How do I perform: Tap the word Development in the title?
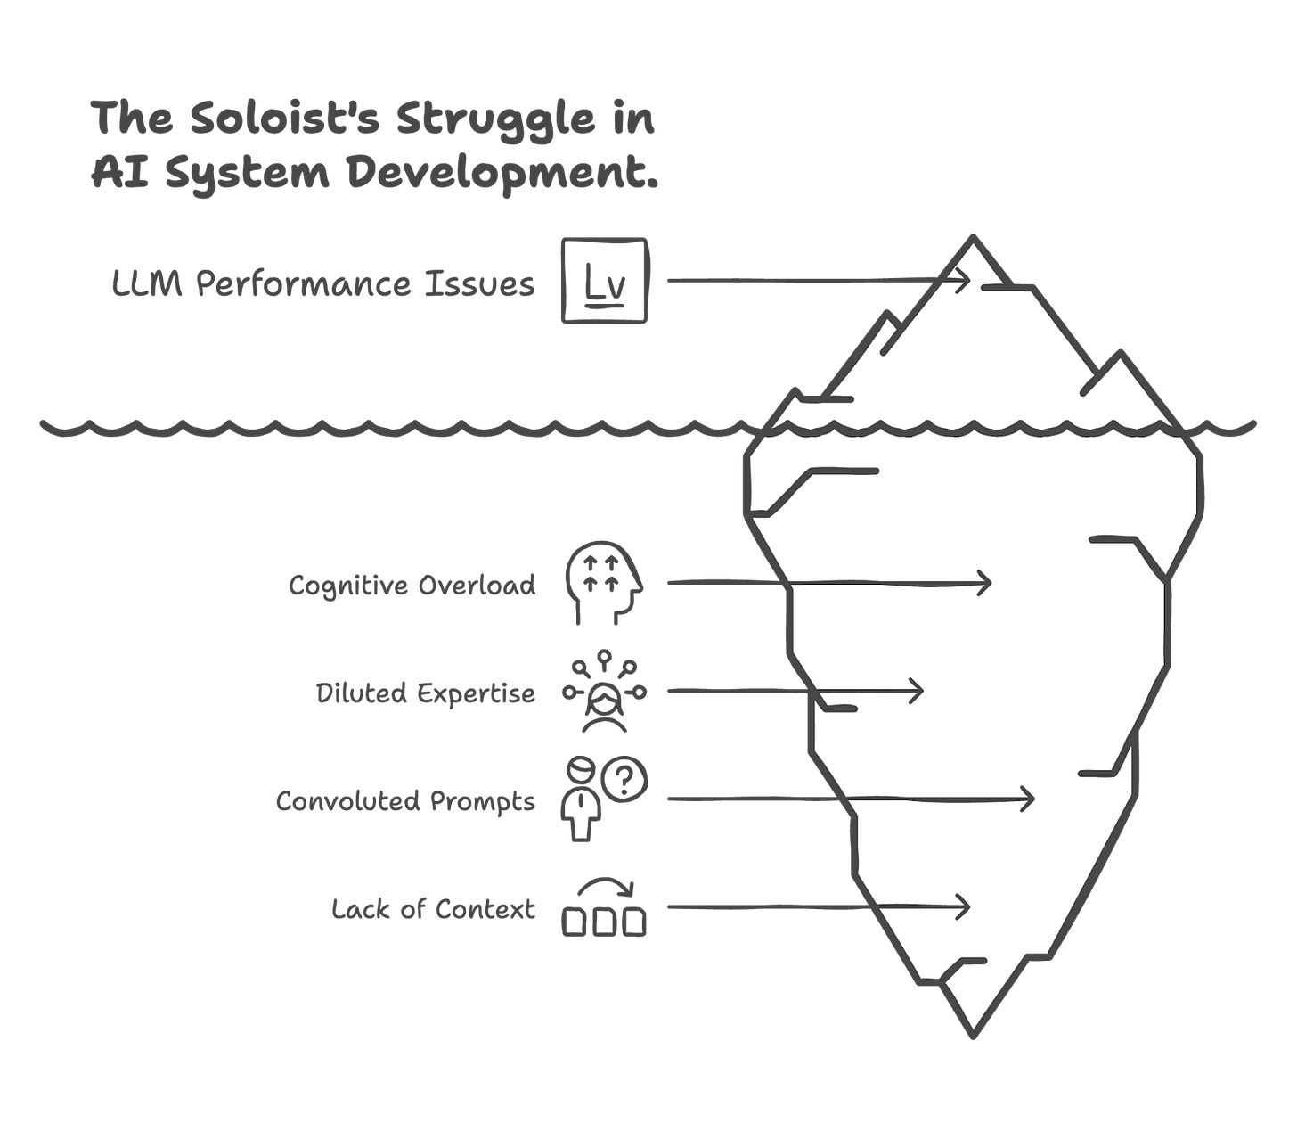pos(502,172)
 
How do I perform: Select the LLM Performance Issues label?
pos(322,284)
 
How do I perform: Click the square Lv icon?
pos(604,280)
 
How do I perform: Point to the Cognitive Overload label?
pos(413,586)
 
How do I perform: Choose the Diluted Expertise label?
pos(426,693)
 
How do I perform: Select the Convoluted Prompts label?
pos(405,801)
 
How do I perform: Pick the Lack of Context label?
pos(435,909)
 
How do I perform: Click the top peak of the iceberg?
pos(973,239)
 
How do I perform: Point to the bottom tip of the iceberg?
pos(972,1036)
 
